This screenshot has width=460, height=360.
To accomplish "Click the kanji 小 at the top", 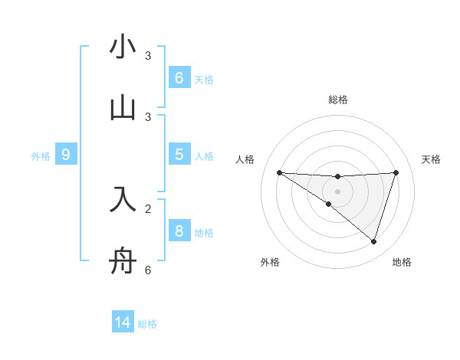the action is tap(123, 47).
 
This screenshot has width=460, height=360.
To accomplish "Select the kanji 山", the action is tap(123, 108).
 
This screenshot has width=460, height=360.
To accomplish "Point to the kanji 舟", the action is tap(123, 262).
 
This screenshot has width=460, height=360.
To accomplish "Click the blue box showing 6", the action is tap(179, 77).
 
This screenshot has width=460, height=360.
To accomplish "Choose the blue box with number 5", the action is tap(179, 155).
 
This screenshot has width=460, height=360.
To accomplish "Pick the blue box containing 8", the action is tap(179, 231).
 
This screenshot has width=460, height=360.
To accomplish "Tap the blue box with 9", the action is tap(66, 155).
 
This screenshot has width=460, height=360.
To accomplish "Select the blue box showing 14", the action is tap(123, 322).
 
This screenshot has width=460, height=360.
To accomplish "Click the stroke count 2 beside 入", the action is tap(148, 208).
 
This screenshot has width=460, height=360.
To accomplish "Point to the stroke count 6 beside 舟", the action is tap(148, 270).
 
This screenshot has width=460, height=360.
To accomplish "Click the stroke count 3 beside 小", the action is tap(148, 55).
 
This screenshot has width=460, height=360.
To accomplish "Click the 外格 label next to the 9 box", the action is tap(41, 155).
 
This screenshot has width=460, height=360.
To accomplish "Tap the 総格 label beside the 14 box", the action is tap(147, 323).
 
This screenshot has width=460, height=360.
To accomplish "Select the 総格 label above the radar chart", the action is tap(337, 100).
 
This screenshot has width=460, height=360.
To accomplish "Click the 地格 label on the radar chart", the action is tap(402, 262).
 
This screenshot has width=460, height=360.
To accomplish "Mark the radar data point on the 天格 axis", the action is tap(396, 172).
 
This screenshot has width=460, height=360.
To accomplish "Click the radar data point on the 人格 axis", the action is tap(279, 172).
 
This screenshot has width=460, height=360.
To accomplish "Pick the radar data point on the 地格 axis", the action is tap(373, 241).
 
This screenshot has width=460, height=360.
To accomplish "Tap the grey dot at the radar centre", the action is tap(337, 191).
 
